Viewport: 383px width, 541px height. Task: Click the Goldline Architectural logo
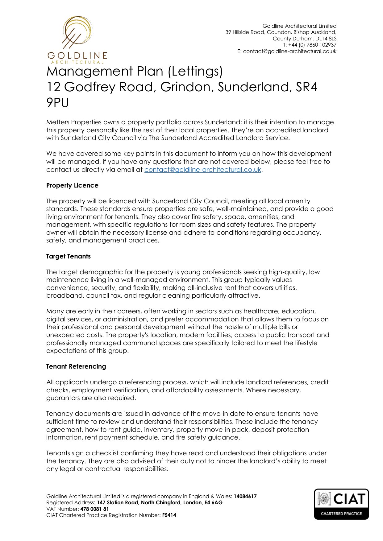click(77, 39)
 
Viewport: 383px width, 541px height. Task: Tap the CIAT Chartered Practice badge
click(341, 504)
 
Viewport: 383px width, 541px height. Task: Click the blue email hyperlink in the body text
click(203, 170)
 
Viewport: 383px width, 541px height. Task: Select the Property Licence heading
click(72, 185)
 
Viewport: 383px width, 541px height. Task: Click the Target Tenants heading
click(69, 256)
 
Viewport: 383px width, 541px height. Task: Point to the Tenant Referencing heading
click(76, 366)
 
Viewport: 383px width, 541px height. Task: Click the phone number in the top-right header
click(310, 45)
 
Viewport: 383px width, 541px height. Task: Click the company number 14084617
click(245, 496)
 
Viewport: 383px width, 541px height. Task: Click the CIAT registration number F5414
click(169, 515)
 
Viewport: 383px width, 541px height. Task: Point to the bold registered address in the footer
click(160, 502)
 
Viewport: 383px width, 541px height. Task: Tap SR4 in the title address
click(306, 87)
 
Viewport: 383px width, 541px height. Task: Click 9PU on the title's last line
click(57, 103)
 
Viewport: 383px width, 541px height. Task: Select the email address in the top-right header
click(289, 52)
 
